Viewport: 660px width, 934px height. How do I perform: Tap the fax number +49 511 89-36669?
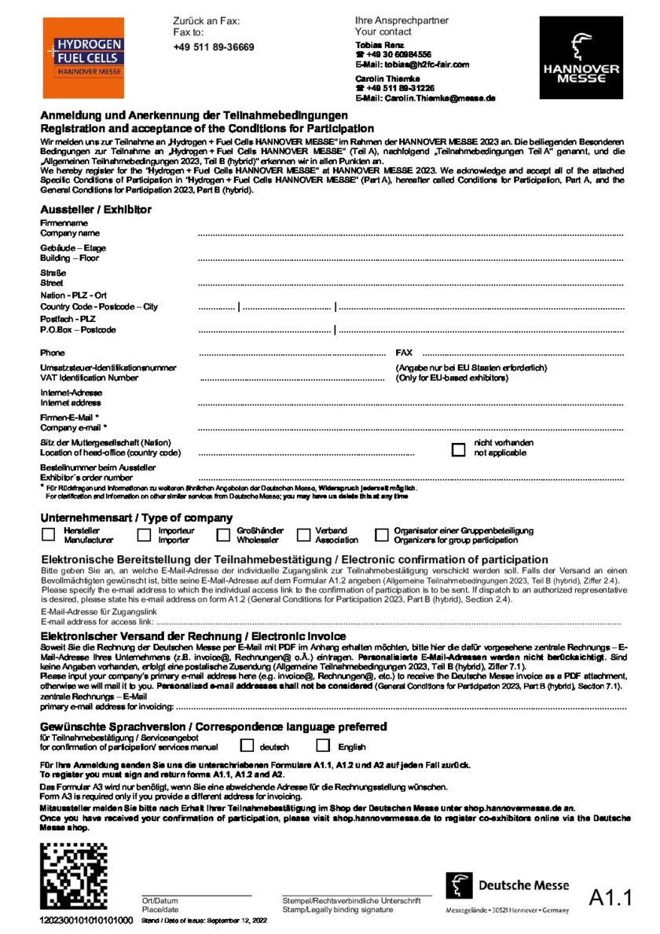(214, 47)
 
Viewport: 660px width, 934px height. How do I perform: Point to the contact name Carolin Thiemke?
(387, 79)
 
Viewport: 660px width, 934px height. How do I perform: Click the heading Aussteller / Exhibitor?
(96, 210)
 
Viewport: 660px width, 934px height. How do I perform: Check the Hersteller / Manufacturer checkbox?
(48, 535)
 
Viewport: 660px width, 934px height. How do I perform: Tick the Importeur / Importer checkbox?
(144, 535)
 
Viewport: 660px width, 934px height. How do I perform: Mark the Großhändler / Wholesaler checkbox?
(223, 535)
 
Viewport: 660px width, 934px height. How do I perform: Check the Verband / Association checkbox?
(303, 535)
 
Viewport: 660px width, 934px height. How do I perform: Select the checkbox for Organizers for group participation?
(382, 535)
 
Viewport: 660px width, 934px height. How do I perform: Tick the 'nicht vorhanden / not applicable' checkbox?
(459, 449)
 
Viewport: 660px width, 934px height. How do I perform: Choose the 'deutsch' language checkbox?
(247, 745)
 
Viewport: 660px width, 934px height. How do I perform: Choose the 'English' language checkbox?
(323, 745)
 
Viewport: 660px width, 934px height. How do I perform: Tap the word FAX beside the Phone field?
(404, 353)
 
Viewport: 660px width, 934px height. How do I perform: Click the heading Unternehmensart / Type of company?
(137, 518)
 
